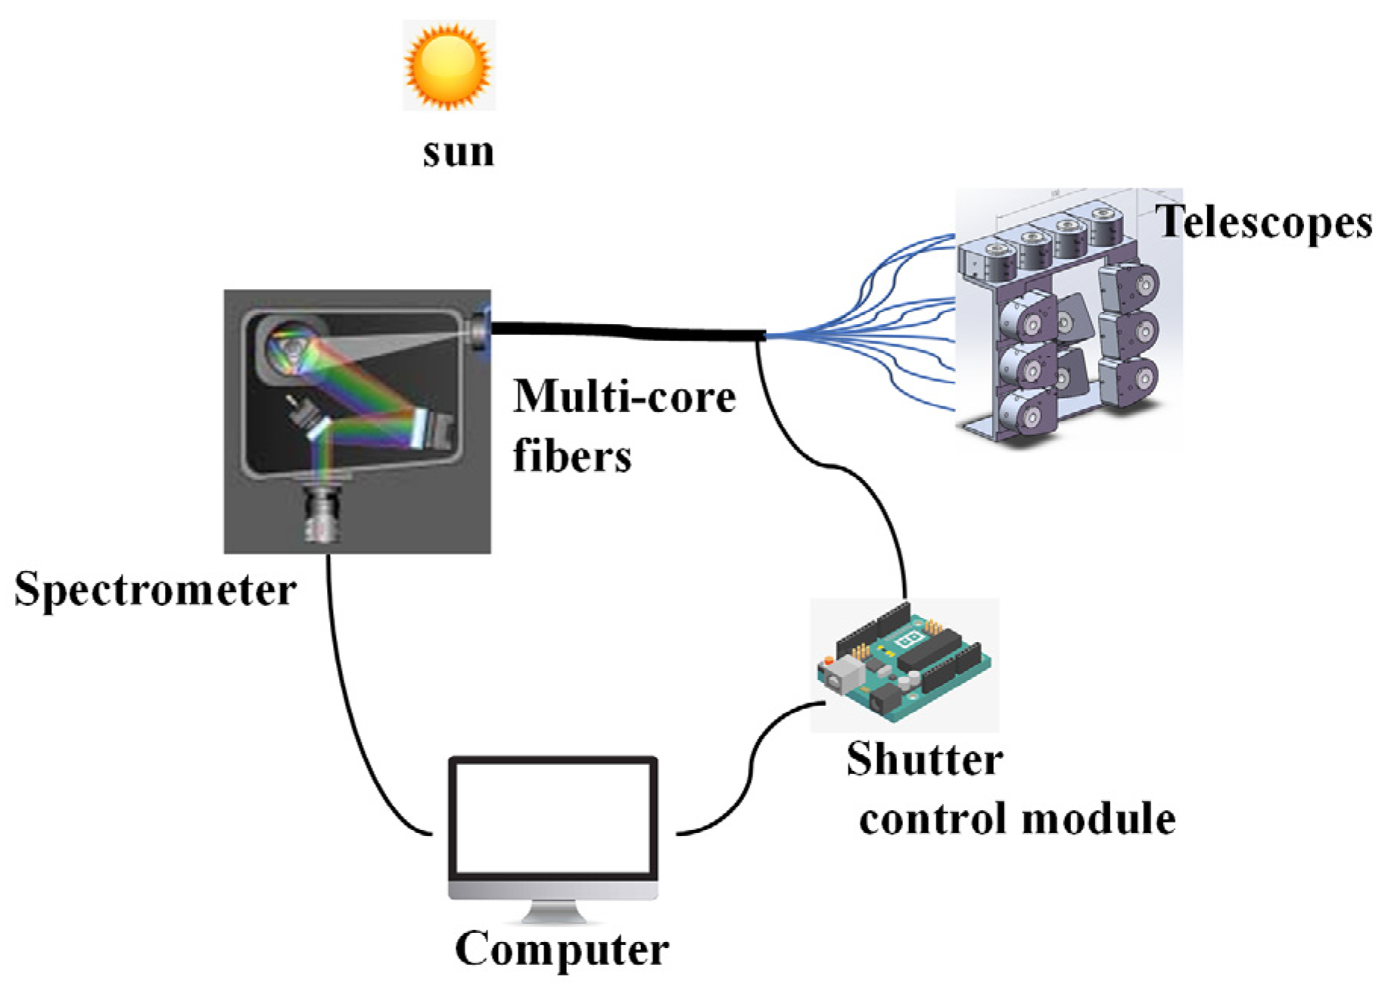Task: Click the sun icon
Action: pyautogui.click(x=448, y=65)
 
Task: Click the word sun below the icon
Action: pyautogui.click(x=458, y=151)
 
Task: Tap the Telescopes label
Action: pyautogui.click(x=1265, y=223)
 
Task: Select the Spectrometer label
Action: pyautogui.click(x=155, y=589)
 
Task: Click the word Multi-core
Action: pyautogui.click(x=624, y=396)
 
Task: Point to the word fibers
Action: pyautogui.click(x=572, y=456)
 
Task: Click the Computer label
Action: pyautogui.click(x=562, y=949)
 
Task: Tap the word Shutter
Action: pyautogui.click(x=924, y=760)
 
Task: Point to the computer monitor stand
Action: pyautogui.click(x=553, y=912)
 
